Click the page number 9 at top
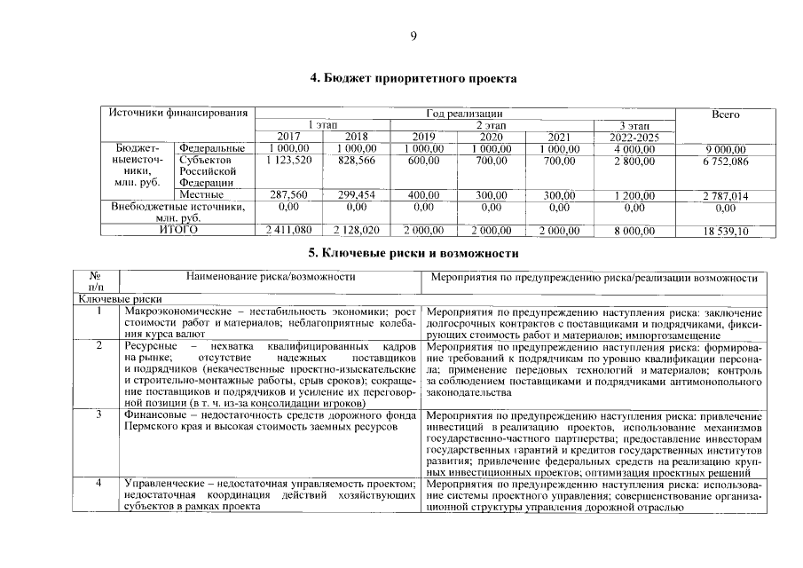[x=413, y=35]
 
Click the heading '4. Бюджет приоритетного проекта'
[x=413, y=79]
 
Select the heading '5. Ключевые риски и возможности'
[x=413, y=254]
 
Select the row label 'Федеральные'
[x=212, y=148]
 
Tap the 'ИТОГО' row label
[x=178, y=230]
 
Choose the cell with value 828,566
[x=356, y=160]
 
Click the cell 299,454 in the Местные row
[x=356, y=194]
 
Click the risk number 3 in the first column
[x=99, y=414]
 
